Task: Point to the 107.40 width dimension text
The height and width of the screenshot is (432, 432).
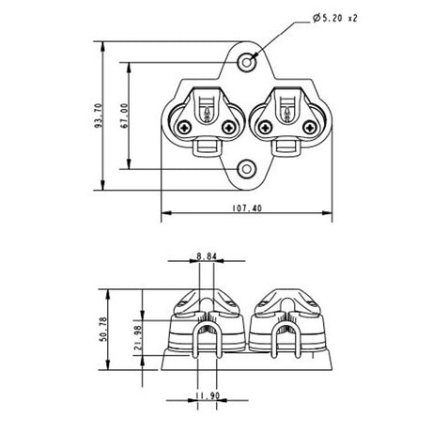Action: tap(246, 209)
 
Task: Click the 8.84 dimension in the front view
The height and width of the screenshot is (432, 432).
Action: tap(208, 255)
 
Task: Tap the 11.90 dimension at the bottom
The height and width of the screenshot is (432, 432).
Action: tap(208, 398)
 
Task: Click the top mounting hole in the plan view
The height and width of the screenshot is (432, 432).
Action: tap(247, 61)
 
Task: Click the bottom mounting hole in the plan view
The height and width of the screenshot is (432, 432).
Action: tap(247, 168)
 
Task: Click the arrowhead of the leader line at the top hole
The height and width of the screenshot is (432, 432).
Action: tap(254, 55)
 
